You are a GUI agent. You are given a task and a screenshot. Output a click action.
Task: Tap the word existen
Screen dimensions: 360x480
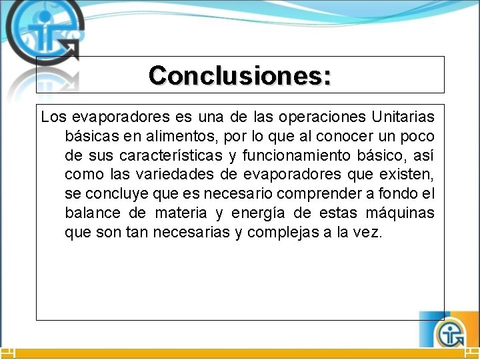click(x=411, y=175)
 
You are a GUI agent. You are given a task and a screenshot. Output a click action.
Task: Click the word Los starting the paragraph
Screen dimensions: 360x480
click(x=53, y=117)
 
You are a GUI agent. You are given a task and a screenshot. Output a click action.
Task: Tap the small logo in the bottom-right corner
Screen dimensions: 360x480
click(x=452, y=331)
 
